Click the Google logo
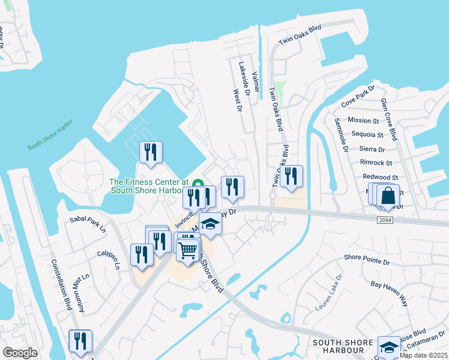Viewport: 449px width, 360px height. (x=20, y=353)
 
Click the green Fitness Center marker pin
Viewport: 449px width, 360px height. (x=196, y=182)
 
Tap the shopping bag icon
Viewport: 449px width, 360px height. (x=388, y=196)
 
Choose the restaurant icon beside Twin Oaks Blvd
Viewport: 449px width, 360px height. (x=291, y=176)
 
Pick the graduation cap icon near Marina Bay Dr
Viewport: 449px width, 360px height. (x=209, y=224)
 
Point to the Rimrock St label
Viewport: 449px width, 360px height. (x=376, y=163)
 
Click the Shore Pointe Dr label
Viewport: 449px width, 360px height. (x=367, y=259)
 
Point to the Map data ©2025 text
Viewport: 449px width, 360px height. (x=424, y=355)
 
